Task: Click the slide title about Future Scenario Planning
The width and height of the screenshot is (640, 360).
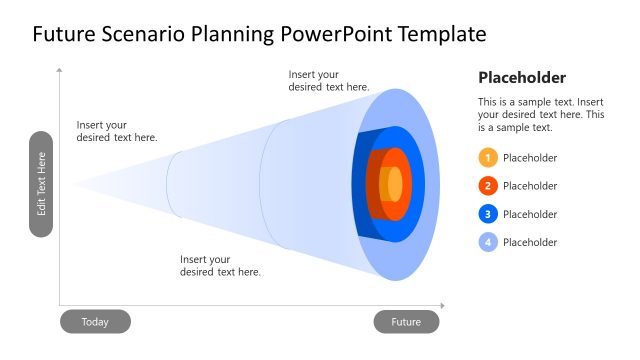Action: tap(259, 35)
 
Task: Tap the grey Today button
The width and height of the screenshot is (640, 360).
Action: tap(95, 322)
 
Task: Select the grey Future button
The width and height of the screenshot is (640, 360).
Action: tap(406, 322)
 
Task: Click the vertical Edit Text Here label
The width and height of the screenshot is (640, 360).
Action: tap(41, 184)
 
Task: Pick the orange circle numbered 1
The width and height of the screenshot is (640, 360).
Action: tap(488, 158)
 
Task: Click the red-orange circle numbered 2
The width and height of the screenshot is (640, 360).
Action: tap(488, 186)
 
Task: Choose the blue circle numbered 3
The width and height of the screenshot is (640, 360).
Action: tap(488, 214)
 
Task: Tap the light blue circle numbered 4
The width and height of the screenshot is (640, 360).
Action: tap(488, 242)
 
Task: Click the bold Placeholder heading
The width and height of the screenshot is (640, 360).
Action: tap(522, 78)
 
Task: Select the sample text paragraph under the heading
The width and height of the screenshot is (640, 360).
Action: tap(540, 115)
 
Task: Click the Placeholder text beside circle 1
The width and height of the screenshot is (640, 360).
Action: tap(530, 158)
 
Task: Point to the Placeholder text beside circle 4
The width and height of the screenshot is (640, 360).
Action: tap(530, 242)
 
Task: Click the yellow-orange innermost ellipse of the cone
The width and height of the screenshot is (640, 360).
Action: tap(395, 185)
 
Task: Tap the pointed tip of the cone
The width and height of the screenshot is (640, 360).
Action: tap(74, 184)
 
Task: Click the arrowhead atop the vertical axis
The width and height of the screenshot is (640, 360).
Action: tap(60, 71)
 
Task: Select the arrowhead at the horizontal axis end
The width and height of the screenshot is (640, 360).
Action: tap(442, 306)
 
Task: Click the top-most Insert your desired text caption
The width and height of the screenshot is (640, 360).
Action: tap(329, 81)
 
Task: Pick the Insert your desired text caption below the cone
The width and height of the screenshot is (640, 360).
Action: tap(220, 266)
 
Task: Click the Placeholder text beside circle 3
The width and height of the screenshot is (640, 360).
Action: tap(530, 214)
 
